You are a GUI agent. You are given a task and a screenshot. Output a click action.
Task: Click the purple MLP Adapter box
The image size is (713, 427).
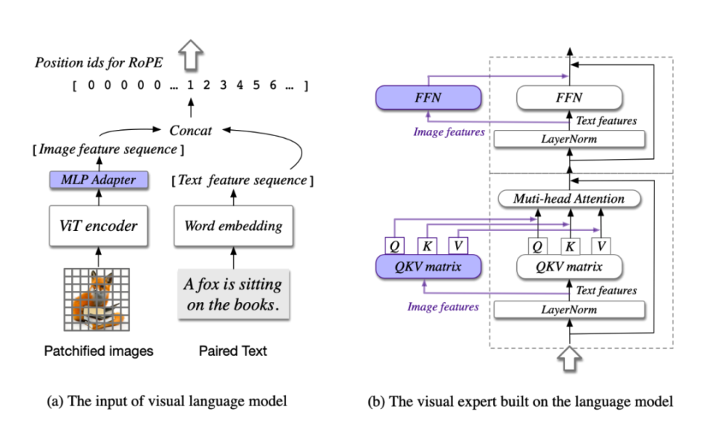tap(98, 179)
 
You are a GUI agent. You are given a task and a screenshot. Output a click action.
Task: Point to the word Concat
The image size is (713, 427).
tap(190, 130)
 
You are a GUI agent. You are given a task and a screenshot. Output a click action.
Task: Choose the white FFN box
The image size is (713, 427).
tap(569, 97)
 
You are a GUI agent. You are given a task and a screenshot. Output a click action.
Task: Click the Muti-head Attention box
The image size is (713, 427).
tap(569, 198)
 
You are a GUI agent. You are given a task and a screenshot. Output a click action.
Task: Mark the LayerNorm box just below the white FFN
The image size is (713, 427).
tap(569, 138)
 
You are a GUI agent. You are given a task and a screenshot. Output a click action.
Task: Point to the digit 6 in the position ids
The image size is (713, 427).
tap(273, 85)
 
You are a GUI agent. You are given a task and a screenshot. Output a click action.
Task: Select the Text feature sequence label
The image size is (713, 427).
tap(239, 180)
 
